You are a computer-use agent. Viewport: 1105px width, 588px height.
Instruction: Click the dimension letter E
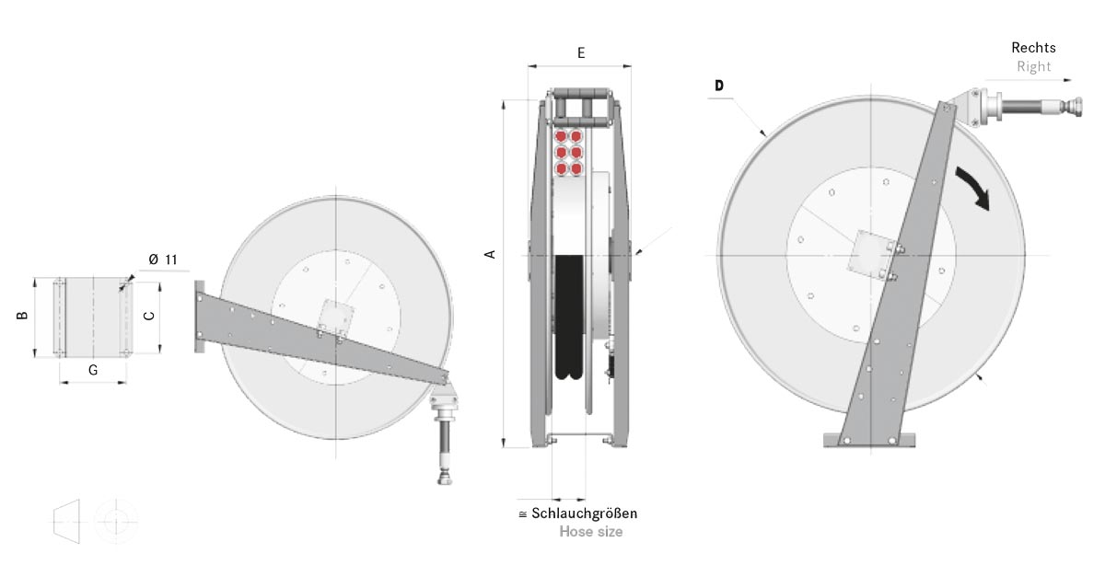click(x=581, y=52)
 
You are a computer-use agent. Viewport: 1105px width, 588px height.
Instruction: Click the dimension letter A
click(x=490, y=254)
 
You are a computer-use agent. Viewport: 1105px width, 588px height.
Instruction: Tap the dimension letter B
click(x=22, y=316)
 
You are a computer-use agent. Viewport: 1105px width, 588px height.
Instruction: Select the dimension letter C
click(x=149, y=316)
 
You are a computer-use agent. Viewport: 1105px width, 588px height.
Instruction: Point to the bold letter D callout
click(x=719, y=86)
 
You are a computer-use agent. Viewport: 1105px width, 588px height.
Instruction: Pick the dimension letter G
click(x=93, y=370)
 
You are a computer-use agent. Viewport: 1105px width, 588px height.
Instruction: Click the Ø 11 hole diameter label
click(x=163, y=259)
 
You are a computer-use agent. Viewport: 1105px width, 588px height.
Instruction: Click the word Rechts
click(x=1033, y=48)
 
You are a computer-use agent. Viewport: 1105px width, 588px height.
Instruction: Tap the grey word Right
click(x=1034, y=66)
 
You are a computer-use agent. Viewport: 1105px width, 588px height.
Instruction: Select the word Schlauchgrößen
click(x=585, y=513)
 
